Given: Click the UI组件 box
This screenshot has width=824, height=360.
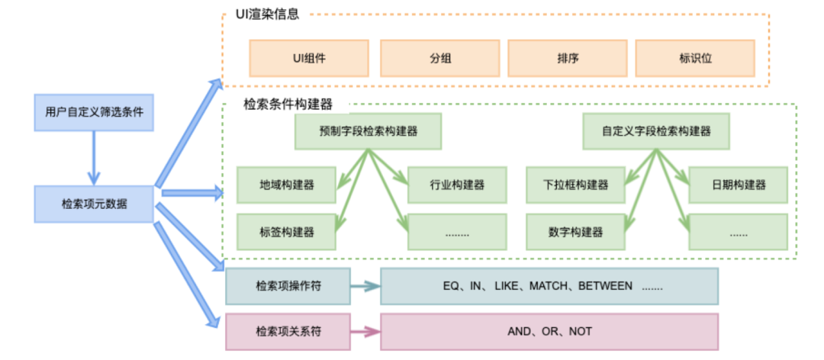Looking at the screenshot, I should click(x=309, y=58).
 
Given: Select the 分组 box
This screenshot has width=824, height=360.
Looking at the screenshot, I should click(x=439, y=58).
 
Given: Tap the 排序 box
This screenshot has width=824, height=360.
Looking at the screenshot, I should click(x=567, y=58).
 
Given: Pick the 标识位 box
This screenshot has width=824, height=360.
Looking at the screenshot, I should click(x=695, y=58).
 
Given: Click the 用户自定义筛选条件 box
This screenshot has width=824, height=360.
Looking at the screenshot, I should click(x=94, y=112).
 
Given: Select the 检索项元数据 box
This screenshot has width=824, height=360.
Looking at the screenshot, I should click(x=94, y=204).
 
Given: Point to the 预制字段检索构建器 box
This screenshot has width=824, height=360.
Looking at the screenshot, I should click(x=368, y=130).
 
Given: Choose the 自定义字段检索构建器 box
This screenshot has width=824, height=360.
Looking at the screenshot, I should click(x=656, y=130).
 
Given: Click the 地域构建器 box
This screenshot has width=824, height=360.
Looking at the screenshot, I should click(x=287, y=185).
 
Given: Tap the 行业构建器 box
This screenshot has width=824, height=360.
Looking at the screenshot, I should click(x=457, y=185).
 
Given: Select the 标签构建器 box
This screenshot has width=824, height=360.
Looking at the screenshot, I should click(x=287, y=231).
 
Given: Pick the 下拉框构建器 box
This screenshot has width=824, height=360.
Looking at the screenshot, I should click(x=576, y=185).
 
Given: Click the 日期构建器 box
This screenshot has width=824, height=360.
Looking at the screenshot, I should click(x=739, y=185).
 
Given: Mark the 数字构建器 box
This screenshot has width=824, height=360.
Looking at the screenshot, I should click(x=576, y=231).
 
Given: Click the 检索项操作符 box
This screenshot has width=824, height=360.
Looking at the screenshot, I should click(x=288, y=286).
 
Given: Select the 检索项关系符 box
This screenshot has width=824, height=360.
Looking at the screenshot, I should click(x=288, y=331).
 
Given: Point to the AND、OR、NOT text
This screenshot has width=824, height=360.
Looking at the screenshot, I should click(x=549, y=331).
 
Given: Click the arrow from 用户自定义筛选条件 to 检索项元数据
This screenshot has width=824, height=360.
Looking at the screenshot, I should click(x=94, y=157).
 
